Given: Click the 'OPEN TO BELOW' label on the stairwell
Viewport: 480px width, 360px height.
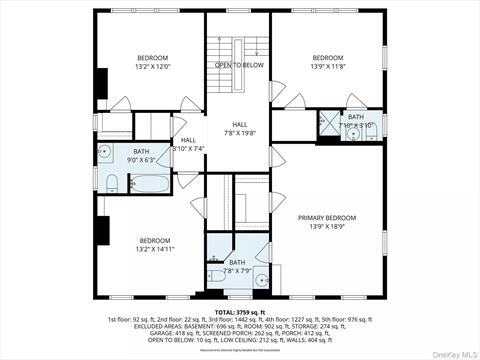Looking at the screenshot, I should point(239,65).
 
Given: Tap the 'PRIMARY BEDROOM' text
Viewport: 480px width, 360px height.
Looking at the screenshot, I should point(326,218).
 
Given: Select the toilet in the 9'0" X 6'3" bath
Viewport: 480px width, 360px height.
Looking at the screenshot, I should point(112,183).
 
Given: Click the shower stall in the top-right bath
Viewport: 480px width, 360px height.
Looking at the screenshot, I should point(328,123).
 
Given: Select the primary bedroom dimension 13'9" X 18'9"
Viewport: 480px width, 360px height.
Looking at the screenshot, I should point(326,228).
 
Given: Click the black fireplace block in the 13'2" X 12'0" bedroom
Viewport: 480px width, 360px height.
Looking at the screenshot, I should point(100,82).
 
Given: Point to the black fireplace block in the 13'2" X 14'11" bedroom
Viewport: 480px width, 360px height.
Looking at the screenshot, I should point(100,231).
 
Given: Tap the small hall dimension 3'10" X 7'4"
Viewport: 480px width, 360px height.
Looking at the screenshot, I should point(188,149).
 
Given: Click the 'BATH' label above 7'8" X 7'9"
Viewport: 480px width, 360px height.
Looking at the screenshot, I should point(237,263).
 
